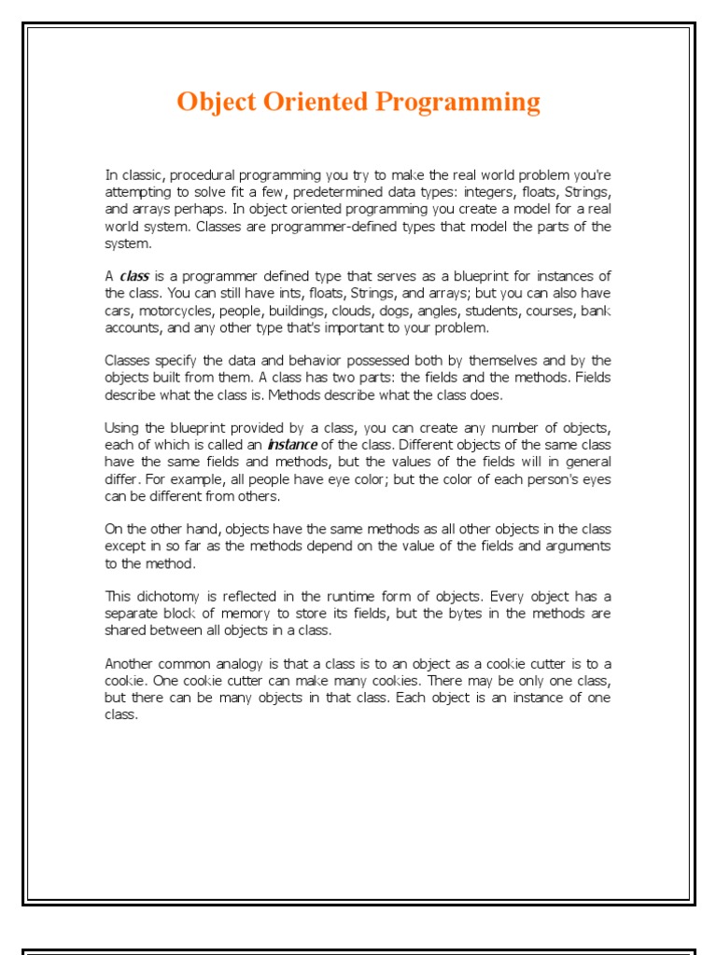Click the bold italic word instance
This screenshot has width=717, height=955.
pos(292,445)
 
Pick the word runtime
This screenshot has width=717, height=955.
pos(326,596)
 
